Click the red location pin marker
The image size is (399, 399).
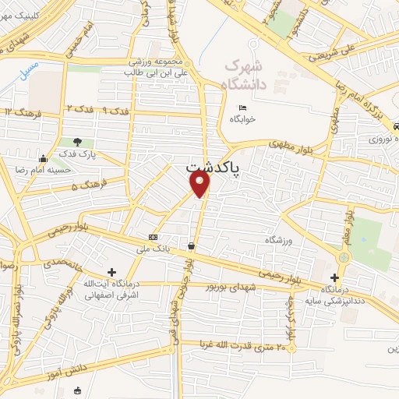point(200,183)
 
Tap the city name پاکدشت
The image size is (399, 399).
point(214,167)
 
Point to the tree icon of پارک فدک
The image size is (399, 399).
point(76,142)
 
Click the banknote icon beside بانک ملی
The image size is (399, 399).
point(153,236)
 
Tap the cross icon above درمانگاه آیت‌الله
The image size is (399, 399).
point(112,273)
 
